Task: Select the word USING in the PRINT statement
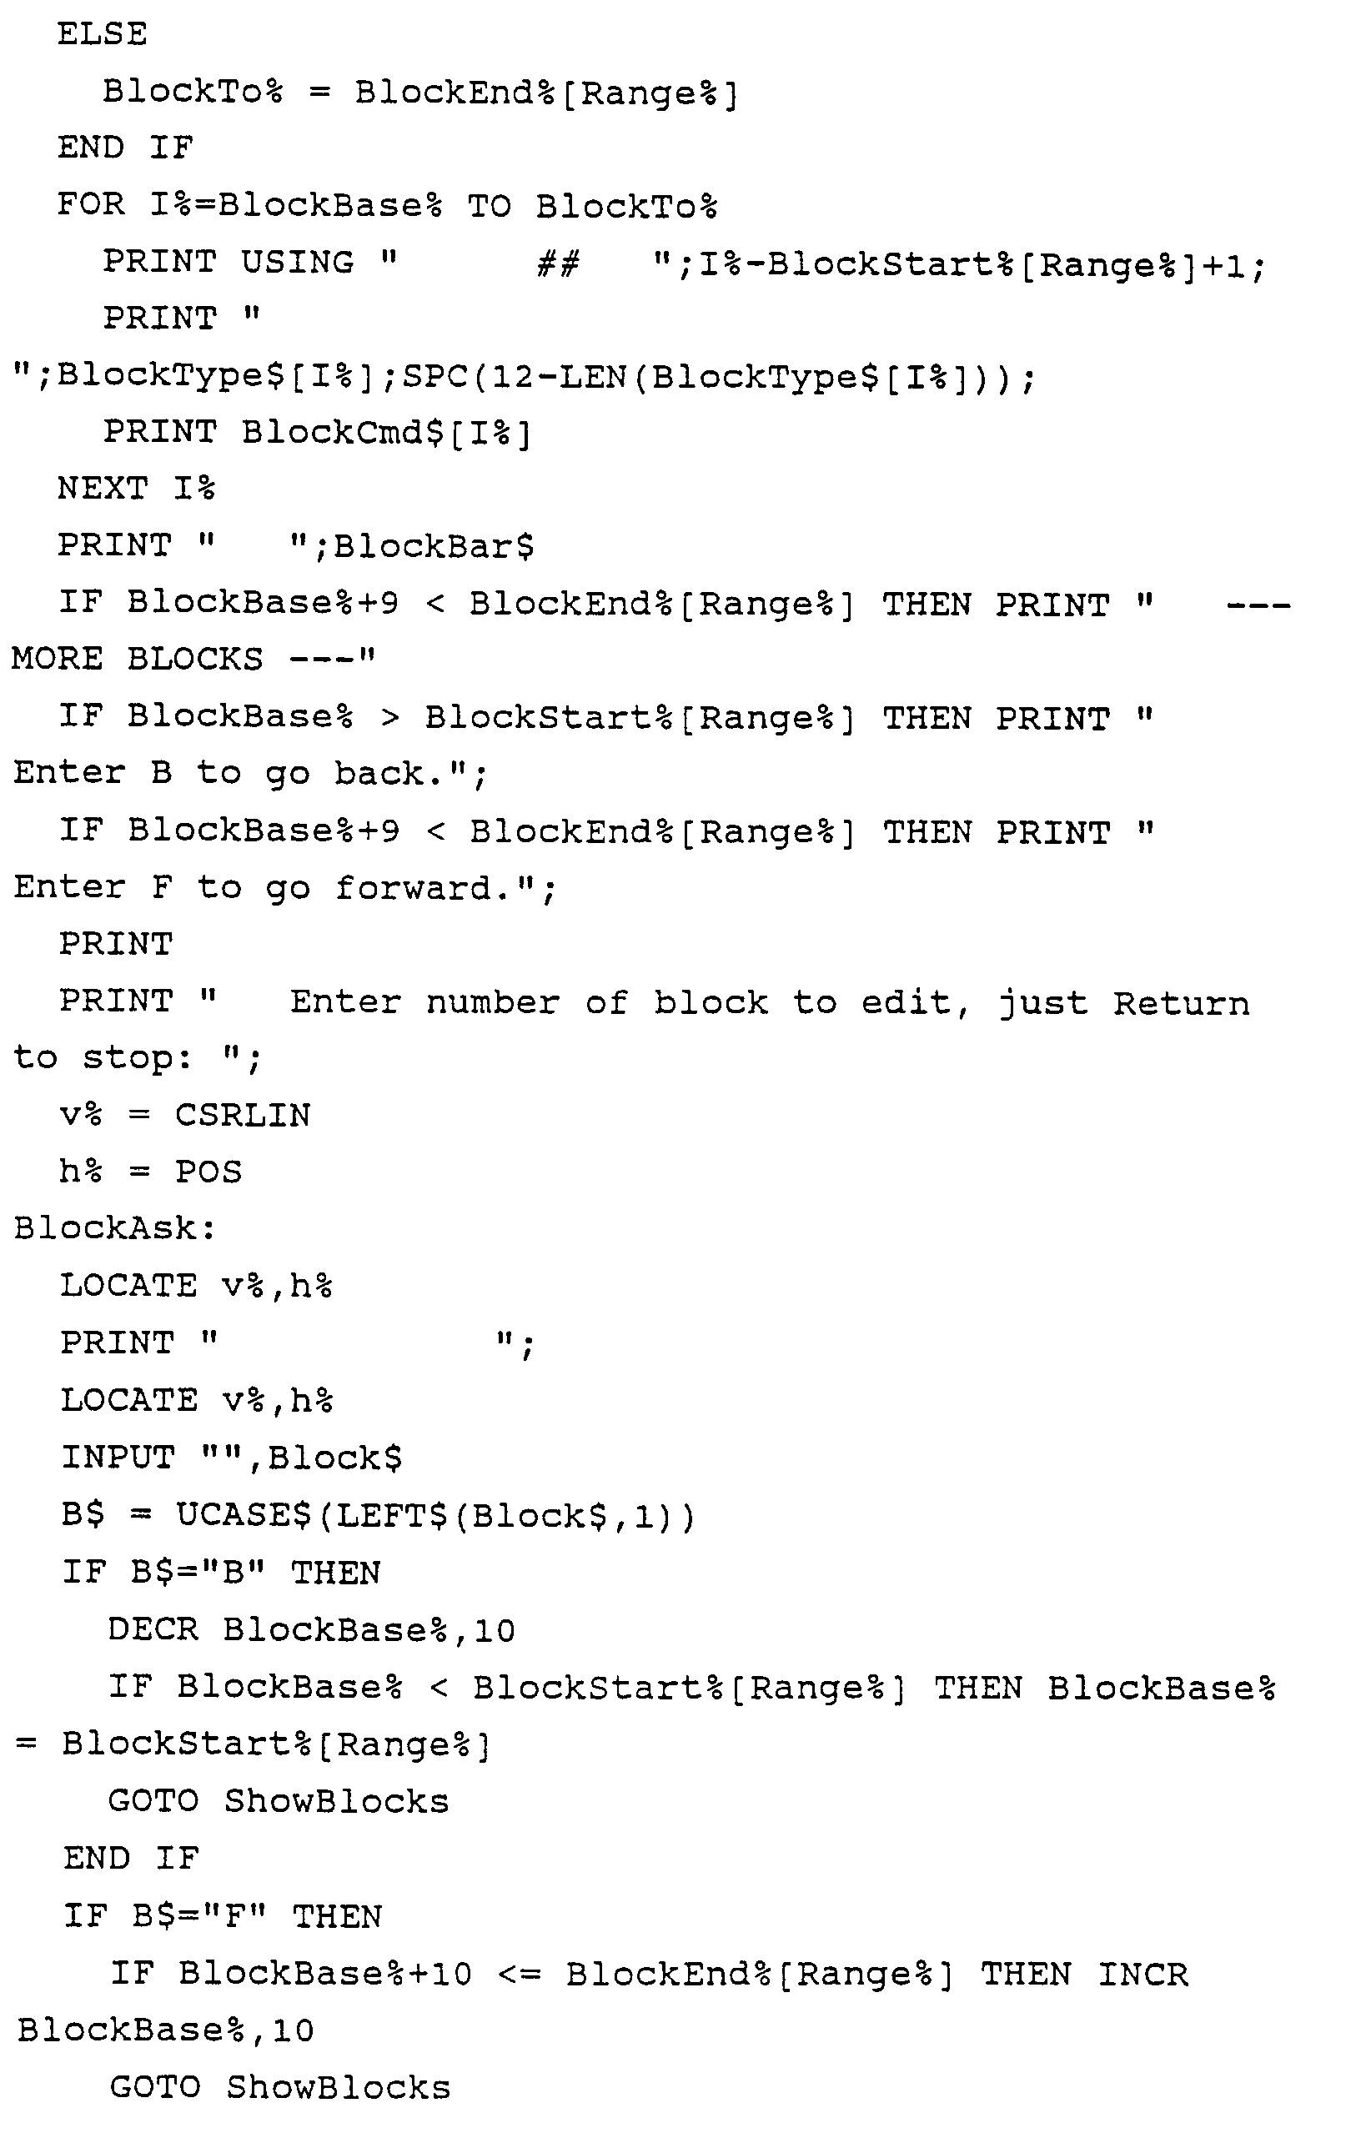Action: click(x=298, y=263)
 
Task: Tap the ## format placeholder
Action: click(x=559, y=263)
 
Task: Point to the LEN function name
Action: click(x=593, y=378)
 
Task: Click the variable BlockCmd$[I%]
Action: click(x=386, y=434)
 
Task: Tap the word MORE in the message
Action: click(x=57, y=660)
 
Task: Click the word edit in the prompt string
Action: click(x=906, y=1002)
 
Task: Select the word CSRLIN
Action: click(x=243, y=1116)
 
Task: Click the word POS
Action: click(x=208, y=1173)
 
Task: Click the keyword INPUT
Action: click(x=118, y=1458)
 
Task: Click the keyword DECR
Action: click(x=153, y=1630)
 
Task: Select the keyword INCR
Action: click(x=1143, y=1975)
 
